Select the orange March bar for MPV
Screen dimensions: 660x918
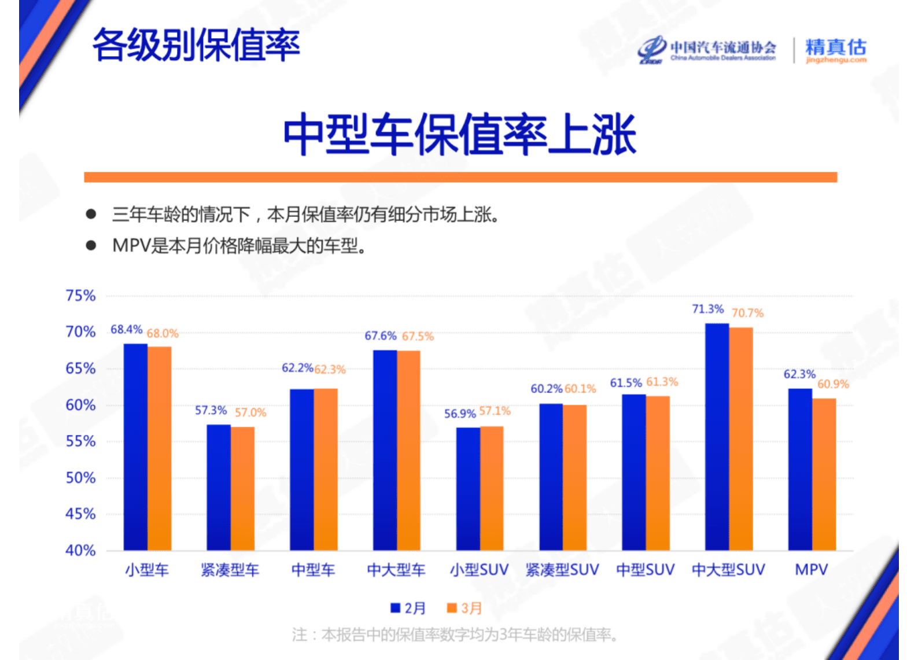tap(824, 474)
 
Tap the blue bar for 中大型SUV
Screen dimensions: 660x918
tap(717, 437)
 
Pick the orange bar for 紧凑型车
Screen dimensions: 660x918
tap(242, 489)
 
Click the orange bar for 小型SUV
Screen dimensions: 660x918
tap(492, 488)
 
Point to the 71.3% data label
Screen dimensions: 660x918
tap(707, 309)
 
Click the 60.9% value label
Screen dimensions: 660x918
tap(833, 384)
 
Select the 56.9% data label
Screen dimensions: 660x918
tap(460, 414)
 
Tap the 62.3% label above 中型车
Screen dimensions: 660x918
tap(330, 370)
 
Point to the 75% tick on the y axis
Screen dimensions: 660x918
tap(80, 296)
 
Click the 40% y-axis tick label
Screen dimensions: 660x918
tap(80, 550)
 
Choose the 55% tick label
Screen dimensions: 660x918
tap(80, 441)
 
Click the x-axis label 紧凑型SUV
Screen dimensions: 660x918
tap(562, 570)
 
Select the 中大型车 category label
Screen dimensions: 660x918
tap(396, 570)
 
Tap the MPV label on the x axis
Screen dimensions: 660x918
tap(811, 570)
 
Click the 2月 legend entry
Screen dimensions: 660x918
tap(408, 608)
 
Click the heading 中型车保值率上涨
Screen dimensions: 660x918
tap(460, 135)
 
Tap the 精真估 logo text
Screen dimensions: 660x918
tap(836, 47)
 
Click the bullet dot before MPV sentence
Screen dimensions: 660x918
tap(91, 245)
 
